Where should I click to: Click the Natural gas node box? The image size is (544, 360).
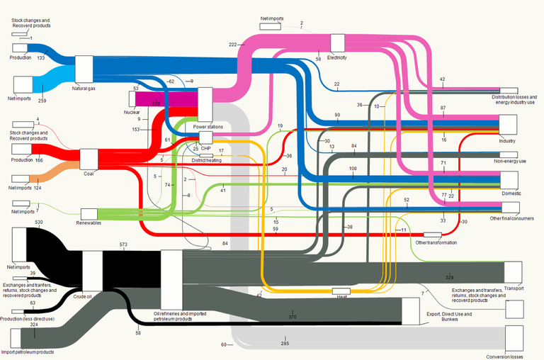tap(84, 68)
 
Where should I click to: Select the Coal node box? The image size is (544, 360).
tap(89, 160)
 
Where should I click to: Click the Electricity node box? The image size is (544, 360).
tap(336, 43)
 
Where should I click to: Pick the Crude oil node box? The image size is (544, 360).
tap(93, 270)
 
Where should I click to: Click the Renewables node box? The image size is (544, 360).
tap(89, 213)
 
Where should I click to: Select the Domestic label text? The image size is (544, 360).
tap(511, 193)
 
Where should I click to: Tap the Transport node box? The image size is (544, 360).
tap(512, 272)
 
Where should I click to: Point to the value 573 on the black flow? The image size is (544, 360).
tap(124, 244)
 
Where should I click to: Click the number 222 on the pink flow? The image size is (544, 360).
tap(233, 45)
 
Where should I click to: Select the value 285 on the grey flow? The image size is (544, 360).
tap(285, 344)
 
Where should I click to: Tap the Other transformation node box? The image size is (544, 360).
tap(432, 235)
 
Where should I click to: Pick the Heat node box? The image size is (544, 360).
tap(341, 290)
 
